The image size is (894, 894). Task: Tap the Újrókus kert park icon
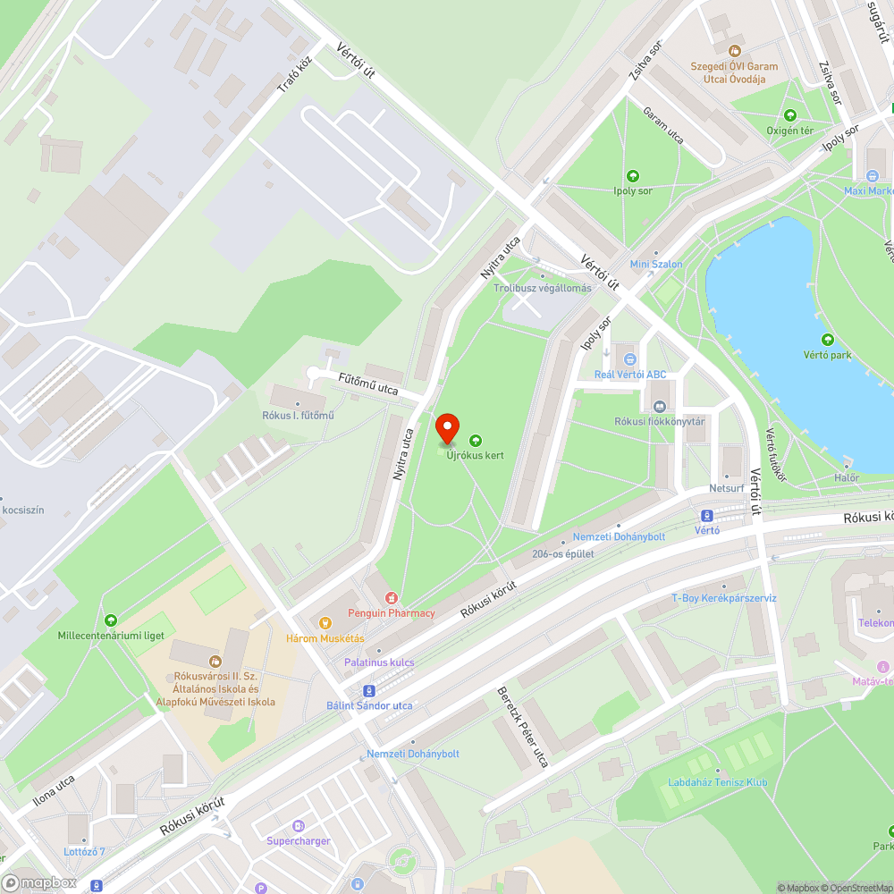[x=475, y=440]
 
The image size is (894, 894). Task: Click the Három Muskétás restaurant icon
[x=325, y=623]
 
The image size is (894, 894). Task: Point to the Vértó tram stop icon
[x=707, y=515]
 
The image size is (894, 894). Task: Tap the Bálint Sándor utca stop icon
[x=368, y=691]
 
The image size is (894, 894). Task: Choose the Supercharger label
[x=299, y=840]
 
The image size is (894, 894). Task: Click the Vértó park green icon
[x=827, y=340]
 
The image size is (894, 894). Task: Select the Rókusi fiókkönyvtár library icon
[x=661, y=407]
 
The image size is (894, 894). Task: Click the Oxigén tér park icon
[x=789, y=115]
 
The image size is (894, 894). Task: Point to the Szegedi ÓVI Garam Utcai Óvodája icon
[x=734, y=51]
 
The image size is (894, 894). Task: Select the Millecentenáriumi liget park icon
[x=111, y=620]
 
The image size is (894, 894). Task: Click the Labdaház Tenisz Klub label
[x=717, y=782]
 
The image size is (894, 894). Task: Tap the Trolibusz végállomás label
[x=543, y=288]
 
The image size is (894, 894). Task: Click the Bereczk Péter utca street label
[x=522, y=729]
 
